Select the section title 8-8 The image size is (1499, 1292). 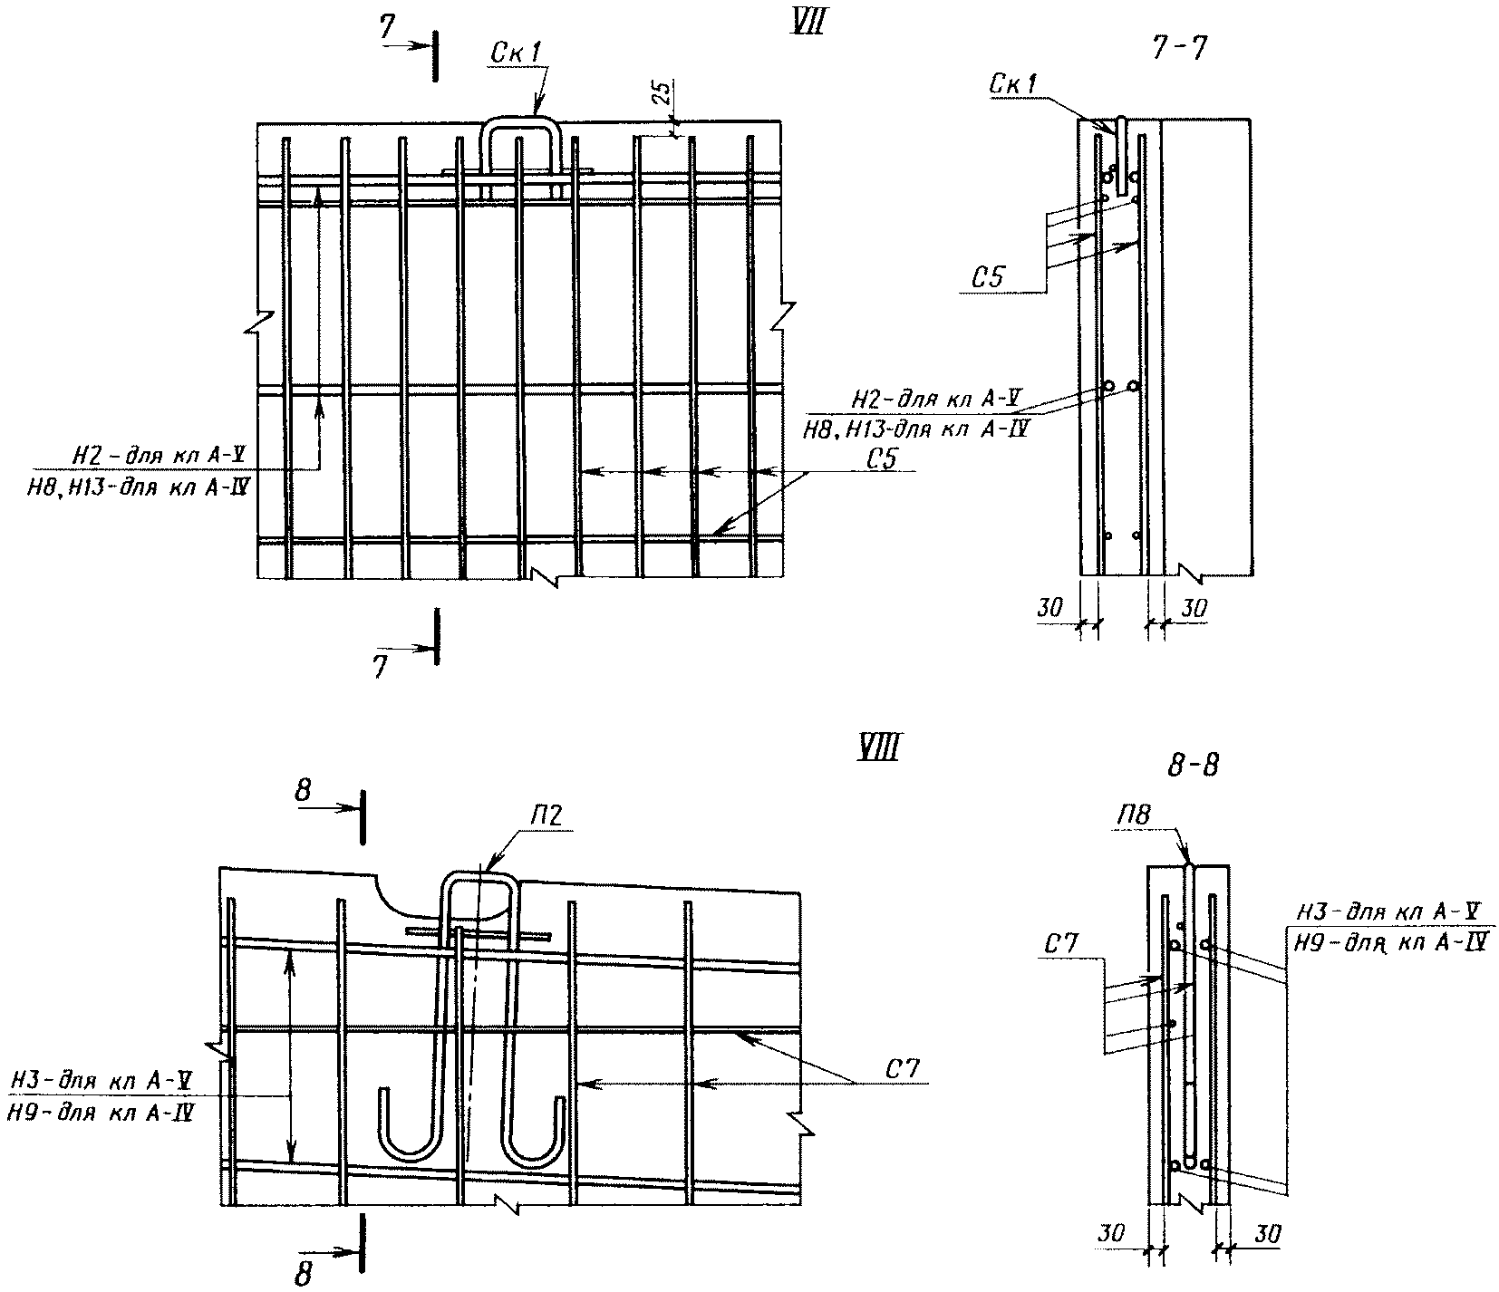(1193, 766)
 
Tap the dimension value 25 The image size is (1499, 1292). (662, 94)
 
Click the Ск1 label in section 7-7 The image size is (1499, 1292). (1013, 84)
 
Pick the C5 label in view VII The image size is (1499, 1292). (880, 458)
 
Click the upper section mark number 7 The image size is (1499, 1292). (387, 29)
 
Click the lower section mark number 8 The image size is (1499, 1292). (305, 1274)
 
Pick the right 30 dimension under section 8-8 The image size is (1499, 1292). (1268, 1233)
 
